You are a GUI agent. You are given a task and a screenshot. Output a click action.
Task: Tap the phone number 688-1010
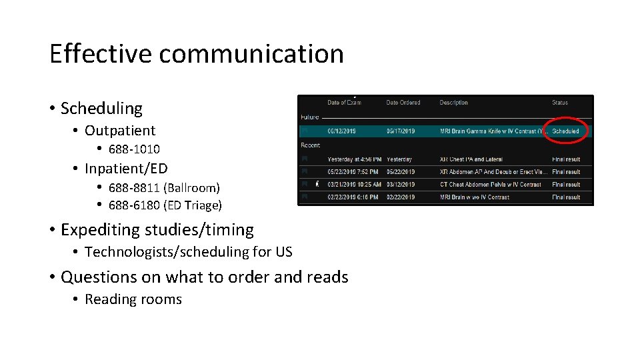[x=134, y=149]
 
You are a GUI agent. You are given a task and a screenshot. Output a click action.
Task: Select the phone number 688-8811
[x=134, y=188]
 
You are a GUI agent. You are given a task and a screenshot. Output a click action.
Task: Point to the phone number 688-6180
[x=134, y=205]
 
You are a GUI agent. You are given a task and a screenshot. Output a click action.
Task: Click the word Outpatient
[x=120, y=131]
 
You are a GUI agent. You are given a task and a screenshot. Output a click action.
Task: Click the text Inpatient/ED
[x=126, y=169]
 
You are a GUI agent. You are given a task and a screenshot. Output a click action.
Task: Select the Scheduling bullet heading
[x=101, y=108]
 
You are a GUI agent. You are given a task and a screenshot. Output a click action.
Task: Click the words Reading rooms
[x=133, y=299]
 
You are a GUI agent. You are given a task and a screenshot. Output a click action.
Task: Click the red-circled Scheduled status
[x=565, y=131]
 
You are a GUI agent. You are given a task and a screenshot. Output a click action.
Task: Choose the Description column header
[x=453, y=103]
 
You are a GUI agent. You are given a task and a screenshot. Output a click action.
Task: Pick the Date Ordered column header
[x=403, y=103]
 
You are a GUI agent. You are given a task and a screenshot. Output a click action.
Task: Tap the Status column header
[x=560, y=103]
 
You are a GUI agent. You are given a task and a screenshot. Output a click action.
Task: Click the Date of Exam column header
[x=345, y=103]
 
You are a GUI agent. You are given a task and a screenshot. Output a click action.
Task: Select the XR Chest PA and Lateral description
[x=471, y=159]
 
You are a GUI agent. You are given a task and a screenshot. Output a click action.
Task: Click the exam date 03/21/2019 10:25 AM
[x=355, y=185]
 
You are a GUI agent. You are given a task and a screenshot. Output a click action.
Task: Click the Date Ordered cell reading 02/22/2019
[x=401, y=197]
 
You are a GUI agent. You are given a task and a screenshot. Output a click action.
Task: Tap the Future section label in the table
[x=310, y=117]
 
